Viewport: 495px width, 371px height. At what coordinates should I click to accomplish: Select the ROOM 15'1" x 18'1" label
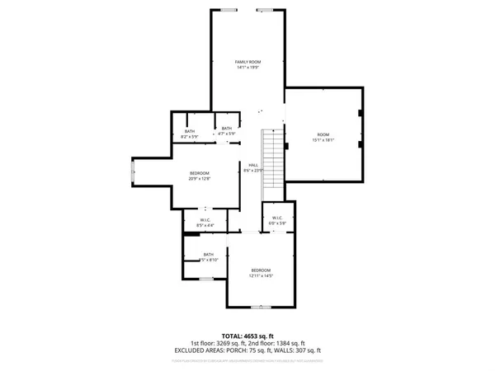[323, 137]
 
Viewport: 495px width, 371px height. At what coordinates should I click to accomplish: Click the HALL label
[254, 166]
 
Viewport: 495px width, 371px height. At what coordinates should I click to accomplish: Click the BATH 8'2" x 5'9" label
[190, 134]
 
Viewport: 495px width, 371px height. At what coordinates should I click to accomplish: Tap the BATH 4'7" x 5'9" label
[227, 130]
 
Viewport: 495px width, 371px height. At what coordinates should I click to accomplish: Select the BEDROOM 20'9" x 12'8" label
[200, 175]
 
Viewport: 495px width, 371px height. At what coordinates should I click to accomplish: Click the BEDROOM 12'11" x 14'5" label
[262, 273]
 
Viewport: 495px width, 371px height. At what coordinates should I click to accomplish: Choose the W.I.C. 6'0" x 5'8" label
[277, 220]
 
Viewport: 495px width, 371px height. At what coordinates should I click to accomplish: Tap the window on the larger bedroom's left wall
[134, 171]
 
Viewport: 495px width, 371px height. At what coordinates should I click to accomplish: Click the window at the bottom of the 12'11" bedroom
[262, 308]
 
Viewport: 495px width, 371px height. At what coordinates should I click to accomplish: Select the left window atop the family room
[227, 9]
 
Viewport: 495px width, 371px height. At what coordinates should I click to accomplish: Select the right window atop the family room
[266, 9]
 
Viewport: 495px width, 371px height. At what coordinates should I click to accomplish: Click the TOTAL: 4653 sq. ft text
[247, 335]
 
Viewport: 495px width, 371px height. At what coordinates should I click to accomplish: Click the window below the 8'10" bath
[206, 280]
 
